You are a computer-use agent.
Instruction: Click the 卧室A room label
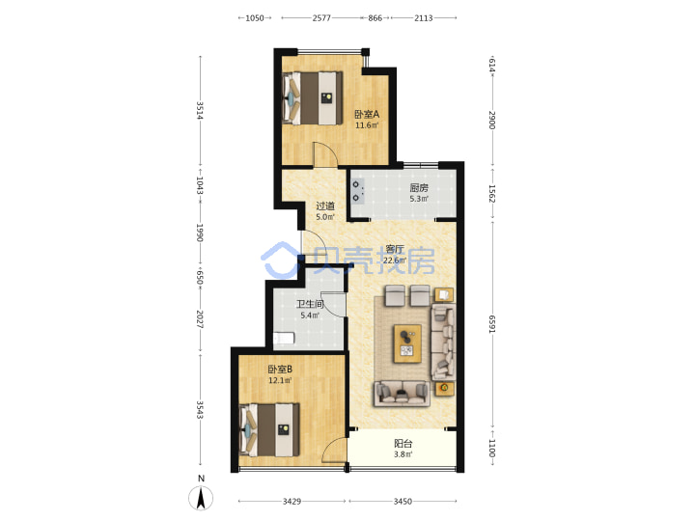point(367,114)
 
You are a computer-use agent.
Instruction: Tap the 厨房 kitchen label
point(419,188)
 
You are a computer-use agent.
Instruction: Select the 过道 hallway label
point(325,206)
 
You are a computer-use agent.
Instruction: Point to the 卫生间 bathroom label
point(310,304)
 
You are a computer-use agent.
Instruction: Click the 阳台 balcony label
point(403,444)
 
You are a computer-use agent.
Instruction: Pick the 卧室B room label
point(280,369)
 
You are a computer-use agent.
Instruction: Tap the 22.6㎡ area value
point(395,260)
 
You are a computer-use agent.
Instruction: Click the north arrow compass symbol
point(201,498)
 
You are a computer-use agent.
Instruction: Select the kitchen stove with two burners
point(357,191)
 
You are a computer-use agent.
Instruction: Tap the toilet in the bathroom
point(284,339)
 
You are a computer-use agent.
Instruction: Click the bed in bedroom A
point(314,98)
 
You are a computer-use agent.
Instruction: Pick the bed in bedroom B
point(269,429)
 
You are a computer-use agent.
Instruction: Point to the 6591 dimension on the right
point(492,324)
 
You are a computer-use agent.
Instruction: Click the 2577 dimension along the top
point(321,18)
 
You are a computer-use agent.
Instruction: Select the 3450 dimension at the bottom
point(403,501)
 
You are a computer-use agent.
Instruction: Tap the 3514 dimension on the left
point(200,111)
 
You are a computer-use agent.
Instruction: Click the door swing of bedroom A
point(325,154)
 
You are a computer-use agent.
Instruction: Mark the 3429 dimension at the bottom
point(292,501)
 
